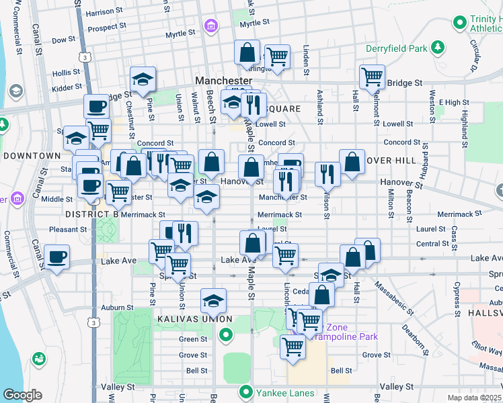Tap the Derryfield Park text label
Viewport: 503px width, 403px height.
[x=397, y=48]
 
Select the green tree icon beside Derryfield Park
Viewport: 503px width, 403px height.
[x=438, y=47]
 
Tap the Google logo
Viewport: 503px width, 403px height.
[x=22, y=395]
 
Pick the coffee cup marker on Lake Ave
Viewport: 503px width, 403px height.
[x=56, y=257]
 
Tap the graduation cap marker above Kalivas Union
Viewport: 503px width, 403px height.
[x=213, y=300]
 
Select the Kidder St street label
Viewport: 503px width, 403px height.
[x=67, y=87]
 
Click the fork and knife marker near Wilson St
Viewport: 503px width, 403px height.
[x=327, y=173]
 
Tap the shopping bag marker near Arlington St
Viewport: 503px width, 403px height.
[x=247, y=52]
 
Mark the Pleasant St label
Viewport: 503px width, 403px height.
[x=65, y=229]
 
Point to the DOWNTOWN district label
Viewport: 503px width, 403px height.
[x=32, y=155]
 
